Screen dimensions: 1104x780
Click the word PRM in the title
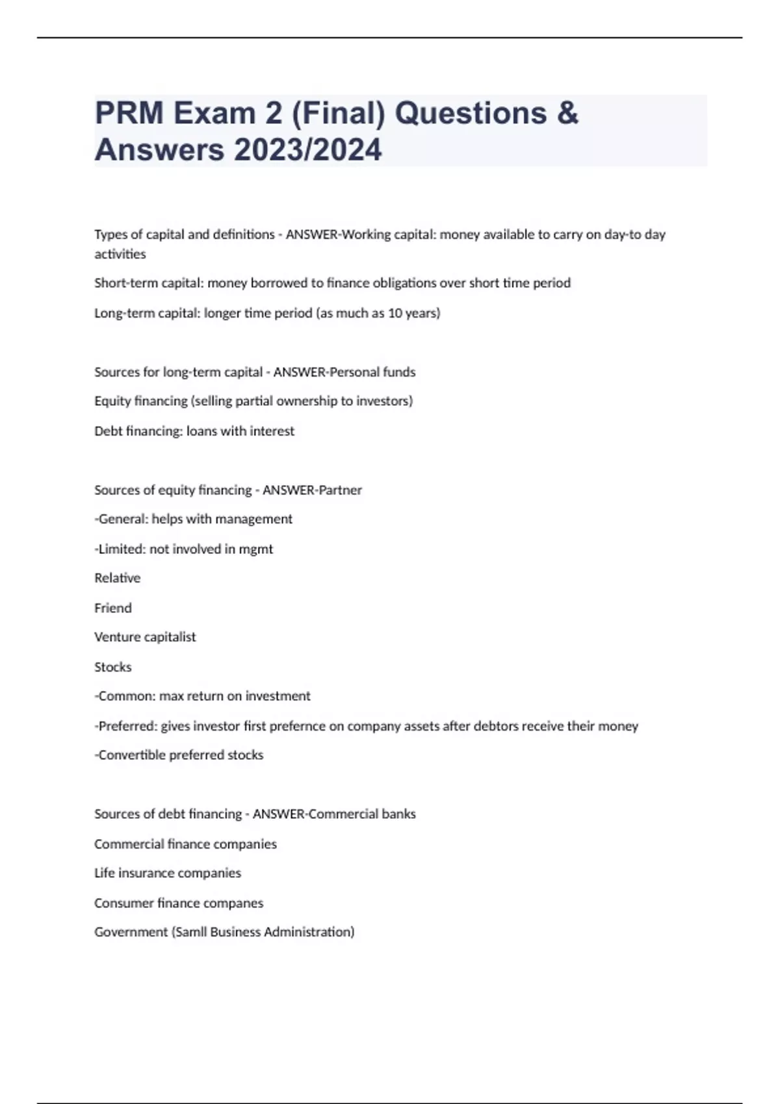(129, 113)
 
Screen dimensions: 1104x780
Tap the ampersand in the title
(567, 113)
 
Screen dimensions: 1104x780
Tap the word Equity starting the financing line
(112, 401)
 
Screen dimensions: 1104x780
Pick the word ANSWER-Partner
(312, 490)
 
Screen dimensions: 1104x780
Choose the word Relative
(117, 578)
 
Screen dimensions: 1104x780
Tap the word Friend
(112, 608)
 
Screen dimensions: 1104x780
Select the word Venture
(117, 637)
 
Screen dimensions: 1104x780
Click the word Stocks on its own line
(112, 667)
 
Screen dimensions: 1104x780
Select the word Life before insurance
(104, 873)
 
